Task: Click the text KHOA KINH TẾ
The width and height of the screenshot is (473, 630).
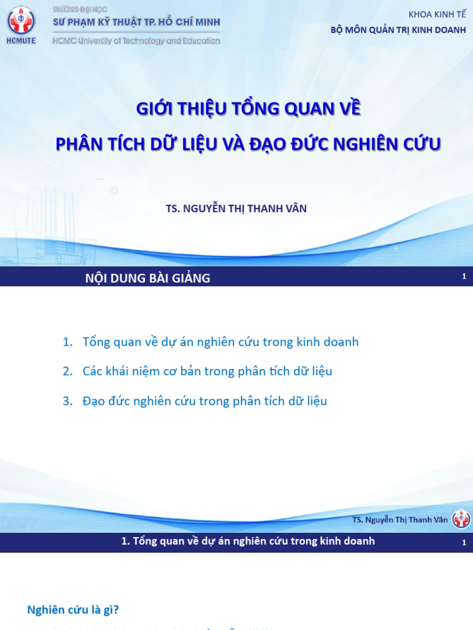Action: click(437, 15)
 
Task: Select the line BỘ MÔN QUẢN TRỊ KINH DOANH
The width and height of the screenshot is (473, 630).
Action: click(398, 30)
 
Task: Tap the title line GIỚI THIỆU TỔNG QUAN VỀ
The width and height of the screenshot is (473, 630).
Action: click(248, 110)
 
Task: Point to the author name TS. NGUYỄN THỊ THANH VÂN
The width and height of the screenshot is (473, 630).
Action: click(236, 209)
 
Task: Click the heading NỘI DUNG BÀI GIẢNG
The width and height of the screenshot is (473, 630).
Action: click(147, 278)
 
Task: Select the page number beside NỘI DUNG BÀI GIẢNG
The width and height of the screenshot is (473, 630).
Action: click(464, 277)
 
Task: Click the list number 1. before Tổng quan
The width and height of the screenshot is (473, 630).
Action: click(68, 342)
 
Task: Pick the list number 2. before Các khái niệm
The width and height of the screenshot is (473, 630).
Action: click(68, 372)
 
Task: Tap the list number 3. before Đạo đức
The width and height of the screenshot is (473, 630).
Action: click(68, 401)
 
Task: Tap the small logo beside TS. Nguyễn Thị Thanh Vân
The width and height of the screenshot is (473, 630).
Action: click(461, 519)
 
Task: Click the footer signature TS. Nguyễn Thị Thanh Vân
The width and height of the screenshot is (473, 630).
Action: click(400, 520)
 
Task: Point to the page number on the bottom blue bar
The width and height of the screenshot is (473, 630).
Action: click(464, 543)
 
